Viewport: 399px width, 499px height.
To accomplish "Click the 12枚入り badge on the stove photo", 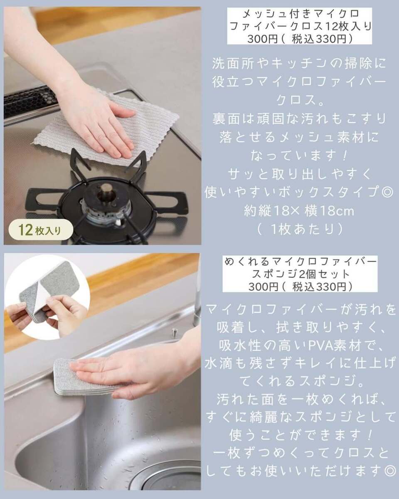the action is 41,230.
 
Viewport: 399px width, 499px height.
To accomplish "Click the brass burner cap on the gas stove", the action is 106,189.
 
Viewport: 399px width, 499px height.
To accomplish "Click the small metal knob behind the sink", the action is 174,332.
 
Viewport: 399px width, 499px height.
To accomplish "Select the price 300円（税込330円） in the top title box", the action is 300,39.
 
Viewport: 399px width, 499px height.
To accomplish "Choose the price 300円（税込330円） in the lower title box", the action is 300,287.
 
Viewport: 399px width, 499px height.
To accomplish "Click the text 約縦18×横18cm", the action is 299,211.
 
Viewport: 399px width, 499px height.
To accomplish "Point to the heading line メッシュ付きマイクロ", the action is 301,15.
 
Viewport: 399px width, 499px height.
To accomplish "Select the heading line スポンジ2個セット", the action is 300,274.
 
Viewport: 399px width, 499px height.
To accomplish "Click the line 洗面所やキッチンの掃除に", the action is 299,63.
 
